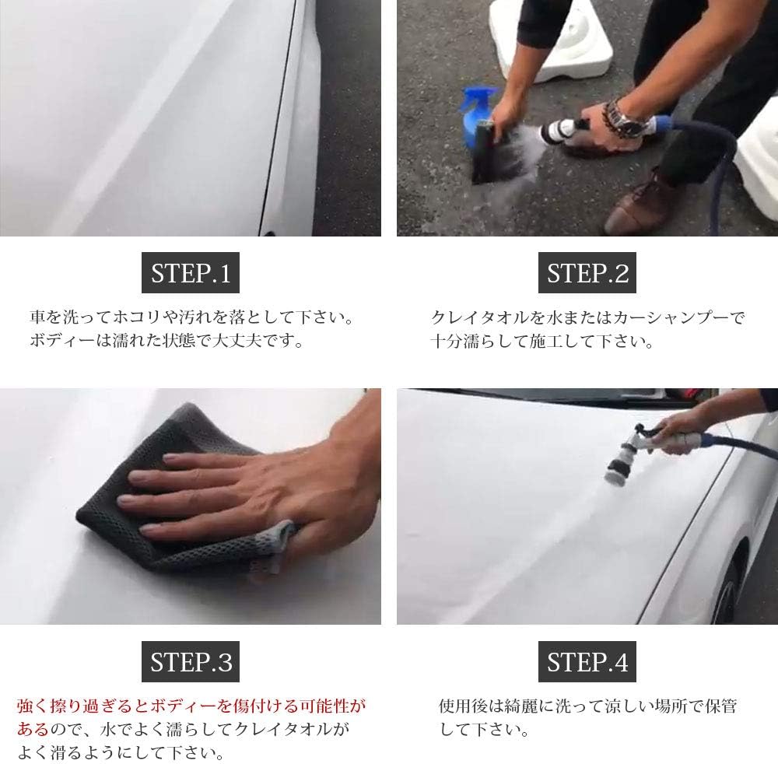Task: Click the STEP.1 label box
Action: pos(191,272)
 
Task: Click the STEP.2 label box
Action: pos(587,272)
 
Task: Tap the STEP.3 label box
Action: pos(191,661)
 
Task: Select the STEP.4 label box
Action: pos(587,661)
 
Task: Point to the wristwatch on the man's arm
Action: pos(626,121)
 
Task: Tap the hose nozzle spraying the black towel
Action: pos(561,130)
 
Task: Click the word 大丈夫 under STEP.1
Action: pos(237,341)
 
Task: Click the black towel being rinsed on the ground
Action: pos(489,154)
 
